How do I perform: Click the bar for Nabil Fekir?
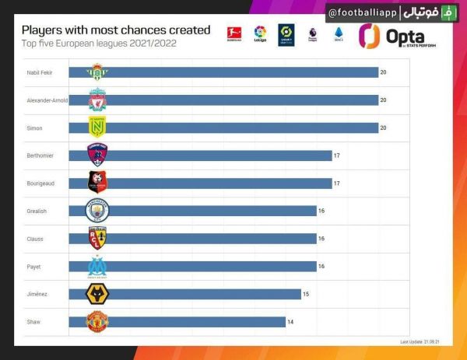[x=233, y=72]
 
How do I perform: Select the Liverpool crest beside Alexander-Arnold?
[x=97, y=100]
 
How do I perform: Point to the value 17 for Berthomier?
[x=337, y=156]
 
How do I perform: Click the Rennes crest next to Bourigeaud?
[x=97, y=183]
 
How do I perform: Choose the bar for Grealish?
[x=202, y=211]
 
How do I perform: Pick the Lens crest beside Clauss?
[x=97, y=239]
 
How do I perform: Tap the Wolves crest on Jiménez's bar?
[x=97, y=294]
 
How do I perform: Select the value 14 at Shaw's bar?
[x=291, y=322]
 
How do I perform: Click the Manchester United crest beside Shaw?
[x=97, y=322]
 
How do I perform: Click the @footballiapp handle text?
[x=363, y=14]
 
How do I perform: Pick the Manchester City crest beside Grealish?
[x=97, y=211]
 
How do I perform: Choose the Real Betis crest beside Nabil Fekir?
[x=97, y=72]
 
